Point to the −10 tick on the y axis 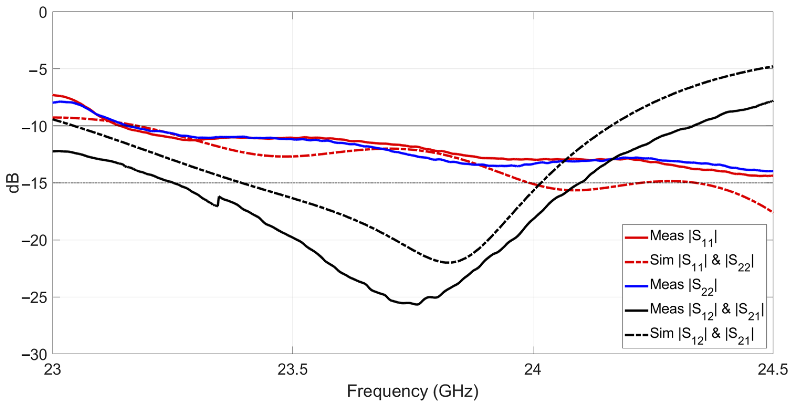[x=34, y=127]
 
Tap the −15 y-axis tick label [x=34, y=184]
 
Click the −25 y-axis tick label [x=34, y=298]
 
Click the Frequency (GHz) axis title [x=413, y=392]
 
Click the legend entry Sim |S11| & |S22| [x=701, y=262]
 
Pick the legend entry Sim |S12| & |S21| [x=701, y=335]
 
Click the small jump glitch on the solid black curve [x=218, y=201]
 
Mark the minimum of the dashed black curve [x=447, y=263]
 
